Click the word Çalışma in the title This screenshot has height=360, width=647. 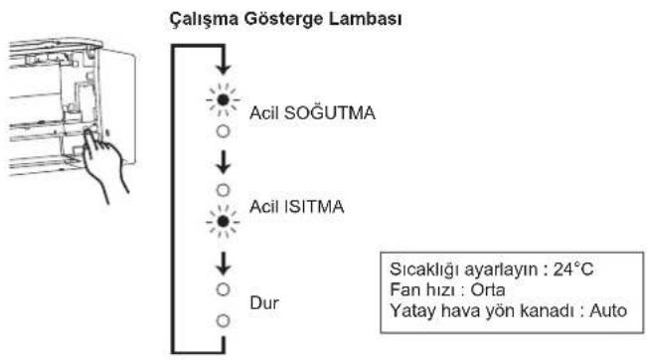[x=204, y=20]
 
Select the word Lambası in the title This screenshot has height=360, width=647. [x=365, y=19]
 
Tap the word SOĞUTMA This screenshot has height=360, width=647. [x=330, y=112]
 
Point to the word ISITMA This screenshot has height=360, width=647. [x=314, y=207]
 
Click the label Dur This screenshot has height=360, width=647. [x=264, y=303]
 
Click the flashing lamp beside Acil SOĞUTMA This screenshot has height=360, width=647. [x=223, y=99]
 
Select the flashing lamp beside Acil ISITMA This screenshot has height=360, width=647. [x=223, y=222]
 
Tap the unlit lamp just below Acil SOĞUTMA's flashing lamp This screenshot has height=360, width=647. [x=223, y=131]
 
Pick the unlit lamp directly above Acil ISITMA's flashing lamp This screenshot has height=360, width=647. [x=223, y=190]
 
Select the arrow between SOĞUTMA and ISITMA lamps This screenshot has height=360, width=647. [x=224, y=161]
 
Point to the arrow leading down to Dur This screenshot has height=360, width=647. [x=224, y=263]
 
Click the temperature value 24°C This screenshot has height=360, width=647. [x=573, y=270]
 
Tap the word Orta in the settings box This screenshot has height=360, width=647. [x=488, y=289]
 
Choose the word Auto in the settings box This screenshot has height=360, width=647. [x=608, y=310]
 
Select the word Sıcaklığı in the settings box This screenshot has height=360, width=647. [x=424, y=270]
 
